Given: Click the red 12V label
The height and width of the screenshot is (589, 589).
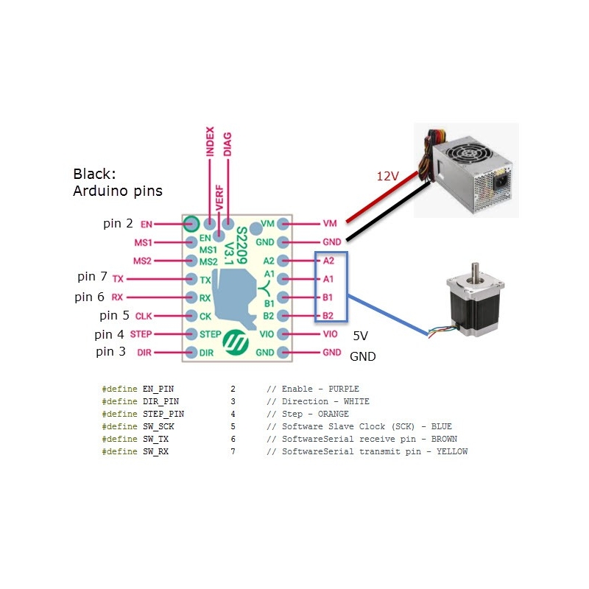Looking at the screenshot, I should [x=389, y=177].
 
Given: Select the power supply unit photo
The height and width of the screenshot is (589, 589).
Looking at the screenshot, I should [x=466, y=170].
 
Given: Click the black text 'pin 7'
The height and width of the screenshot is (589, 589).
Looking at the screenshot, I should [x=92, y=277].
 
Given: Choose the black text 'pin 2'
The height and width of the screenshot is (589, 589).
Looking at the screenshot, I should [x=118, y=223].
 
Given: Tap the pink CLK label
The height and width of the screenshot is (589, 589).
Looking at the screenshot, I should [x=144, y=317].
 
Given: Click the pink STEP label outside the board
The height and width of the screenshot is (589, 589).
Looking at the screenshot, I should [x=141, y=334].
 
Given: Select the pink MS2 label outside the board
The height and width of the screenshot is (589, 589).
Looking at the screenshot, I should [x=143, y=261].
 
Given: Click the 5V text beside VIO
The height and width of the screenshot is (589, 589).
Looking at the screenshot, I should [x=360, y=336].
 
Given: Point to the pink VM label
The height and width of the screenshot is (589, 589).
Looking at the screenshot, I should [x=329, y=223].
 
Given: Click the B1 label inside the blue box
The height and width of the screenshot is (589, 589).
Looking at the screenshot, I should [x=328, y=297].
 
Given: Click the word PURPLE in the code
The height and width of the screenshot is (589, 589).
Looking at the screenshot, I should [x=342, y=389].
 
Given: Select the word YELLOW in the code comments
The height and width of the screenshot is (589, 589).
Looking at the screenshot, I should [x=452, y=451].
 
